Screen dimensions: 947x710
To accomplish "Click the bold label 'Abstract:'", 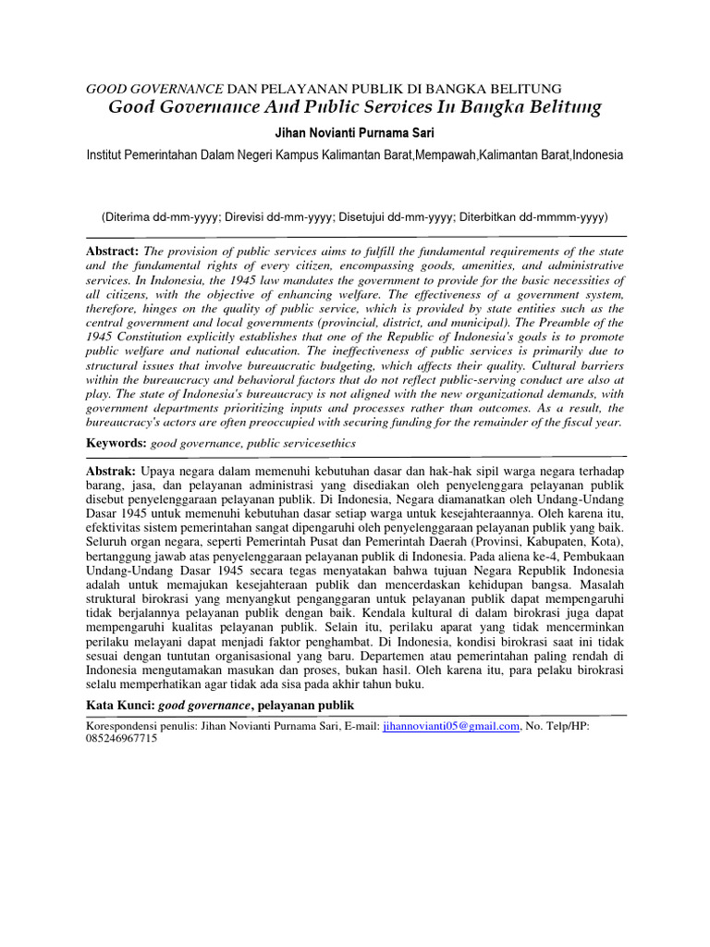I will [111, 252].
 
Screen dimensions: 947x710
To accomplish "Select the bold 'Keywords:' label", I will [116, 443].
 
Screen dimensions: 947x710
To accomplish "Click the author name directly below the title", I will [355, 133].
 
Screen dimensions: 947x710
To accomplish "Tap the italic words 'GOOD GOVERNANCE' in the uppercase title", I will [154, 89].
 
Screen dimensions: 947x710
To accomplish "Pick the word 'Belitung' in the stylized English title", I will [565, 108].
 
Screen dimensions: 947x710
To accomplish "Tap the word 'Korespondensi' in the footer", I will [120, 727].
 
